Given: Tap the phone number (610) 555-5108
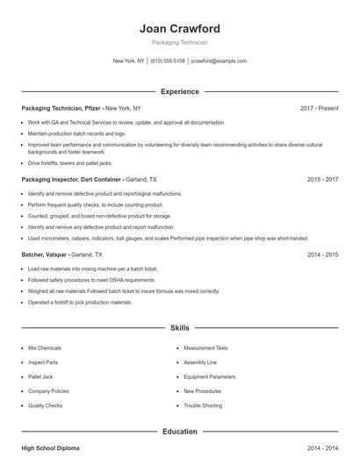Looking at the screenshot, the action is pyautogui.click(x=168, y=61).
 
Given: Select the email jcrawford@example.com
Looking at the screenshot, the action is pyautogui.click(x=219, y=61).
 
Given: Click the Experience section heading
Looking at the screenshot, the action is pyautogui.click(x=180, y=91).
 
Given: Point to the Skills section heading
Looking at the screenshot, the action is pyautogui.click(x=180, y=328).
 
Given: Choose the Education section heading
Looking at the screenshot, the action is pyautogui.click(x=180, y=432).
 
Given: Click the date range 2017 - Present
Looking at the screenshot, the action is pyautogui.click(x=319, y=108).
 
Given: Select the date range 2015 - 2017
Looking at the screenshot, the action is pyautogui.click(x=322, y=179).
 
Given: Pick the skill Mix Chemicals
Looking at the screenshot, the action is pyautogui.click(x=45, y=348).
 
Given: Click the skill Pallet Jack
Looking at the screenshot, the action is pyautogui.click(x=41, y=376).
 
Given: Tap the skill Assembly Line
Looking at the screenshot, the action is pyautogui.click(x=200, y=362).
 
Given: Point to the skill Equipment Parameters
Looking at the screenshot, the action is pyautogui.click(x=210, y=376).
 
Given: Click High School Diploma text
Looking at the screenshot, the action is pyautogui.click(x=50, y=448).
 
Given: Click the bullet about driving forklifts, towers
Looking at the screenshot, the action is pyautogui.click(x=70, y=162).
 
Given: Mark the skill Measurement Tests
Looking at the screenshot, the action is pyautogui.click(x=205, y=348).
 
